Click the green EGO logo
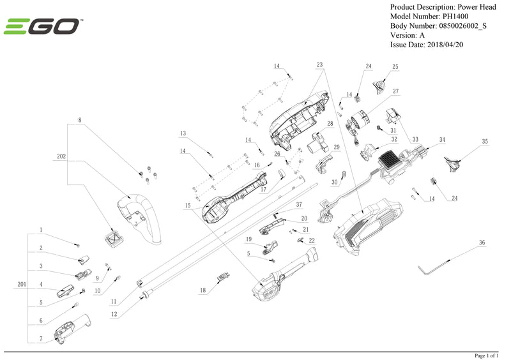coord(42,26)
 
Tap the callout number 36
coord(482,243)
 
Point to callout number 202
coord(61,156)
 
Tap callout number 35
coord(485,141)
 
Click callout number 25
coord(395,66)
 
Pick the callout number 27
coord(395,91)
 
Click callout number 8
coord(80,120)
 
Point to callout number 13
coord(183,133)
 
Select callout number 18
coord(203,290)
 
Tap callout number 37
coord(298,204)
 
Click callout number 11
coord(113,301)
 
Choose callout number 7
coord(40,338)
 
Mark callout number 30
coord(333,182)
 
